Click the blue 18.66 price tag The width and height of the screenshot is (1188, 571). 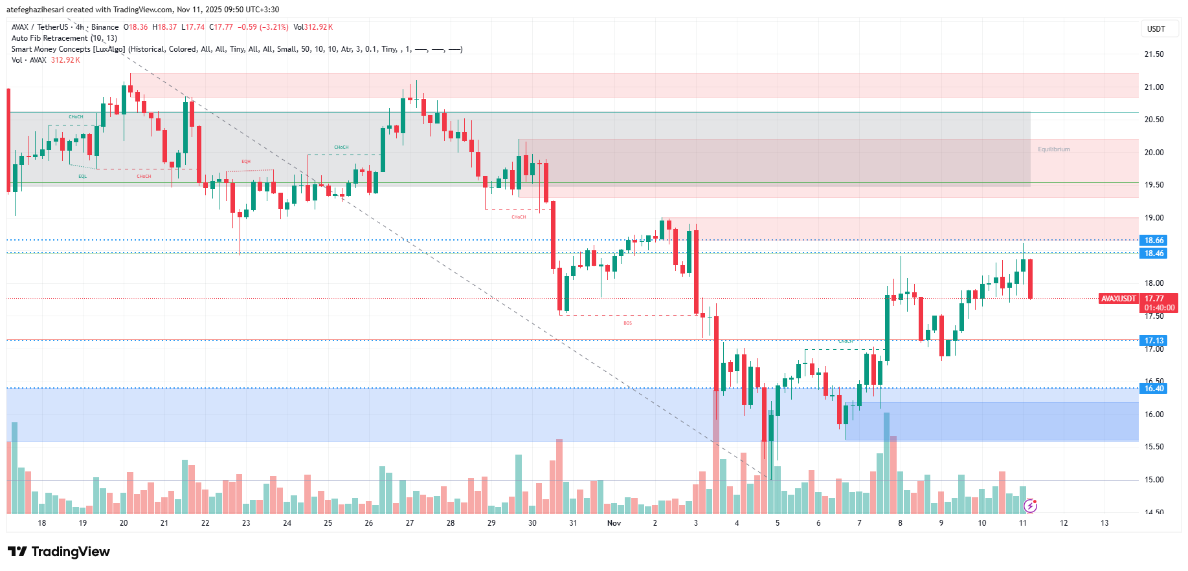click(x=1154, y=241)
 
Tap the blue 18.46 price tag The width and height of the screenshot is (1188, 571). click(x=1154, y=253)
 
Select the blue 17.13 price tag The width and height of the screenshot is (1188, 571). click(x=1154, y=341)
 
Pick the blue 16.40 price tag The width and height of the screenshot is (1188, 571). click(x=1154, y=389)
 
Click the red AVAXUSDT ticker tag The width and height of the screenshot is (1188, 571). click(x=1119, y=299)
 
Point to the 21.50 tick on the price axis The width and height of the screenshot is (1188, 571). click(x=1154, y=54)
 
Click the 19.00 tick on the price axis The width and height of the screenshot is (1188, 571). click(x=1154, y=218)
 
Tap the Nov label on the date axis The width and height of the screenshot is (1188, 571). click(x=614, y=523)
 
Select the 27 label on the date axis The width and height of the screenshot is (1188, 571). click(x=410, y=523)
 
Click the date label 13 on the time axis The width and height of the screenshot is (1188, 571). click(x=1104, y=523)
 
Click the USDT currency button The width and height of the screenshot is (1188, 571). click(x=1156, y=29)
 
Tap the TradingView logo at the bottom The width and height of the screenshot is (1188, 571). click(x=59, y=552)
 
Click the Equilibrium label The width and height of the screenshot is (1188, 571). click(x=1053, y=149)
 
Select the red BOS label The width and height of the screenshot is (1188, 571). click(x=627, y=323)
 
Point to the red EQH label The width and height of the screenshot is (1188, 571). click(x=246, y=162)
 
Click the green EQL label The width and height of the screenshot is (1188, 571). click(x=82, y=177)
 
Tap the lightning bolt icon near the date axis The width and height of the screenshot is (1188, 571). click(x=1030, y=505)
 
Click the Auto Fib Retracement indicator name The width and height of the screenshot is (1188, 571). click(x=50, y=38)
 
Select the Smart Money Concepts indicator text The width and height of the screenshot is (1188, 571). click(x=68, y=49)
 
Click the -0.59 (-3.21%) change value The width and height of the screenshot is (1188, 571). click(x=263, y=27)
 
